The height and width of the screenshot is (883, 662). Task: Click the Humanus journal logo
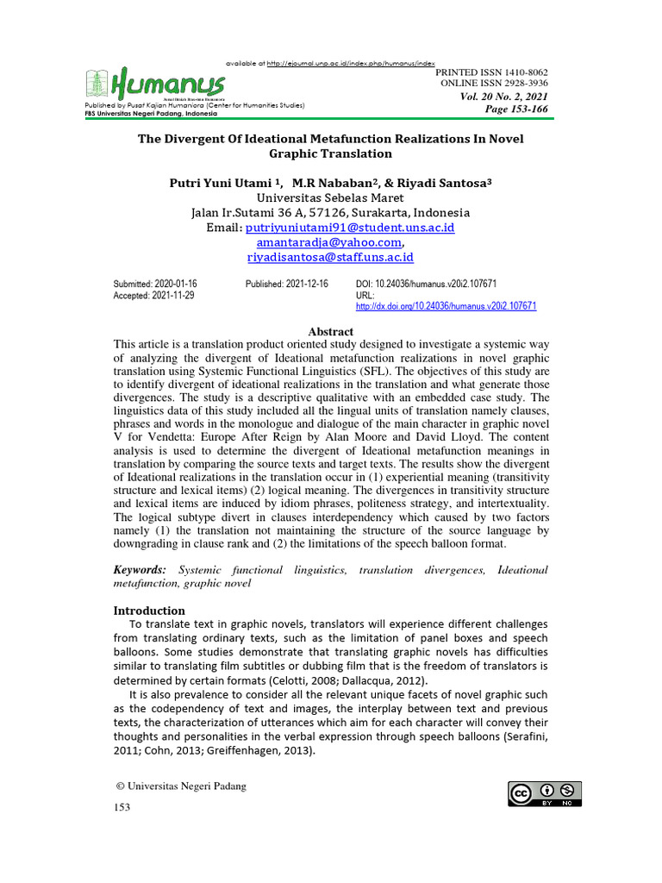coord(155,84)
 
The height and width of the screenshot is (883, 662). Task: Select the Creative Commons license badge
coord(545,794)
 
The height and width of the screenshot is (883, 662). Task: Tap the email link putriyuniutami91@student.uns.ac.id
coord(350,228)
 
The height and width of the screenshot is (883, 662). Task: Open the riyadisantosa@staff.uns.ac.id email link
coord(330,257)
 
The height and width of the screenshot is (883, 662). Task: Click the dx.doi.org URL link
coord(446,306)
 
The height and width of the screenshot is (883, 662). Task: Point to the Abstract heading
coord(331,331)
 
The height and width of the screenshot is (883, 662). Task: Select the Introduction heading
coord(149,611)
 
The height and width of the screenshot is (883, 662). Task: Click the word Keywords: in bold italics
coord(140,570)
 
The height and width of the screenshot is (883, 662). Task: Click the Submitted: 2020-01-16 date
coord(156,284)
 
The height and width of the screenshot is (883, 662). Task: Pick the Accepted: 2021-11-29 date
coord(154,295)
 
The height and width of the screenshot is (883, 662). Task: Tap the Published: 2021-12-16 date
coord(286,284)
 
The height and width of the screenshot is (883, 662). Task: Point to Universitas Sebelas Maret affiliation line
coord(330,197)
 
